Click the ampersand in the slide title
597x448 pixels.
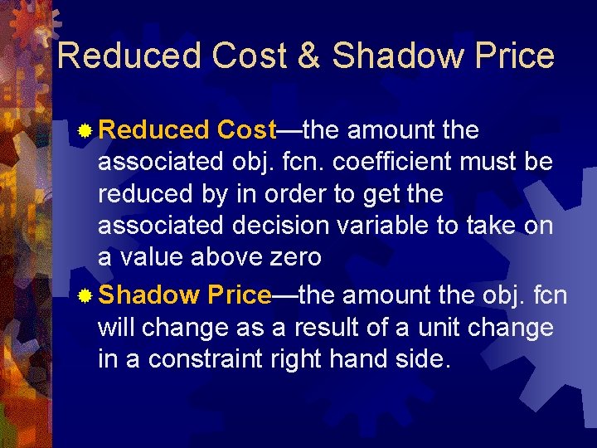click(x=308, y=56)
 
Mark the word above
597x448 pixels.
click(x=220, y=257)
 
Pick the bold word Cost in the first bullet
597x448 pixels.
click(x=245, y=130)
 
